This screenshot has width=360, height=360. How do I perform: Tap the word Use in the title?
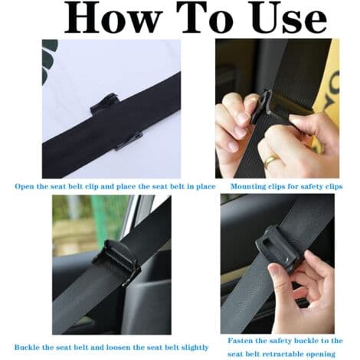[290, 18]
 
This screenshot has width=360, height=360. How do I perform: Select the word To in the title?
[206, 18]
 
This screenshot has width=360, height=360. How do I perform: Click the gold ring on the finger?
[271, 159]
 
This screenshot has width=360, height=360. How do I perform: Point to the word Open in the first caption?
[25, 187]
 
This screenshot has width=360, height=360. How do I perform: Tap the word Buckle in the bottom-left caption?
[27, 347]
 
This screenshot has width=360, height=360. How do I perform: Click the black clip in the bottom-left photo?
[116, 263]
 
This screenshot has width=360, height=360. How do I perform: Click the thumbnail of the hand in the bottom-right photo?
[273, 269]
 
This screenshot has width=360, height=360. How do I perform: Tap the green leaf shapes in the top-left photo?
[49, 58]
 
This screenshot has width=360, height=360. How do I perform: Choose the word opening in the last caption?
[322, 355]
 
